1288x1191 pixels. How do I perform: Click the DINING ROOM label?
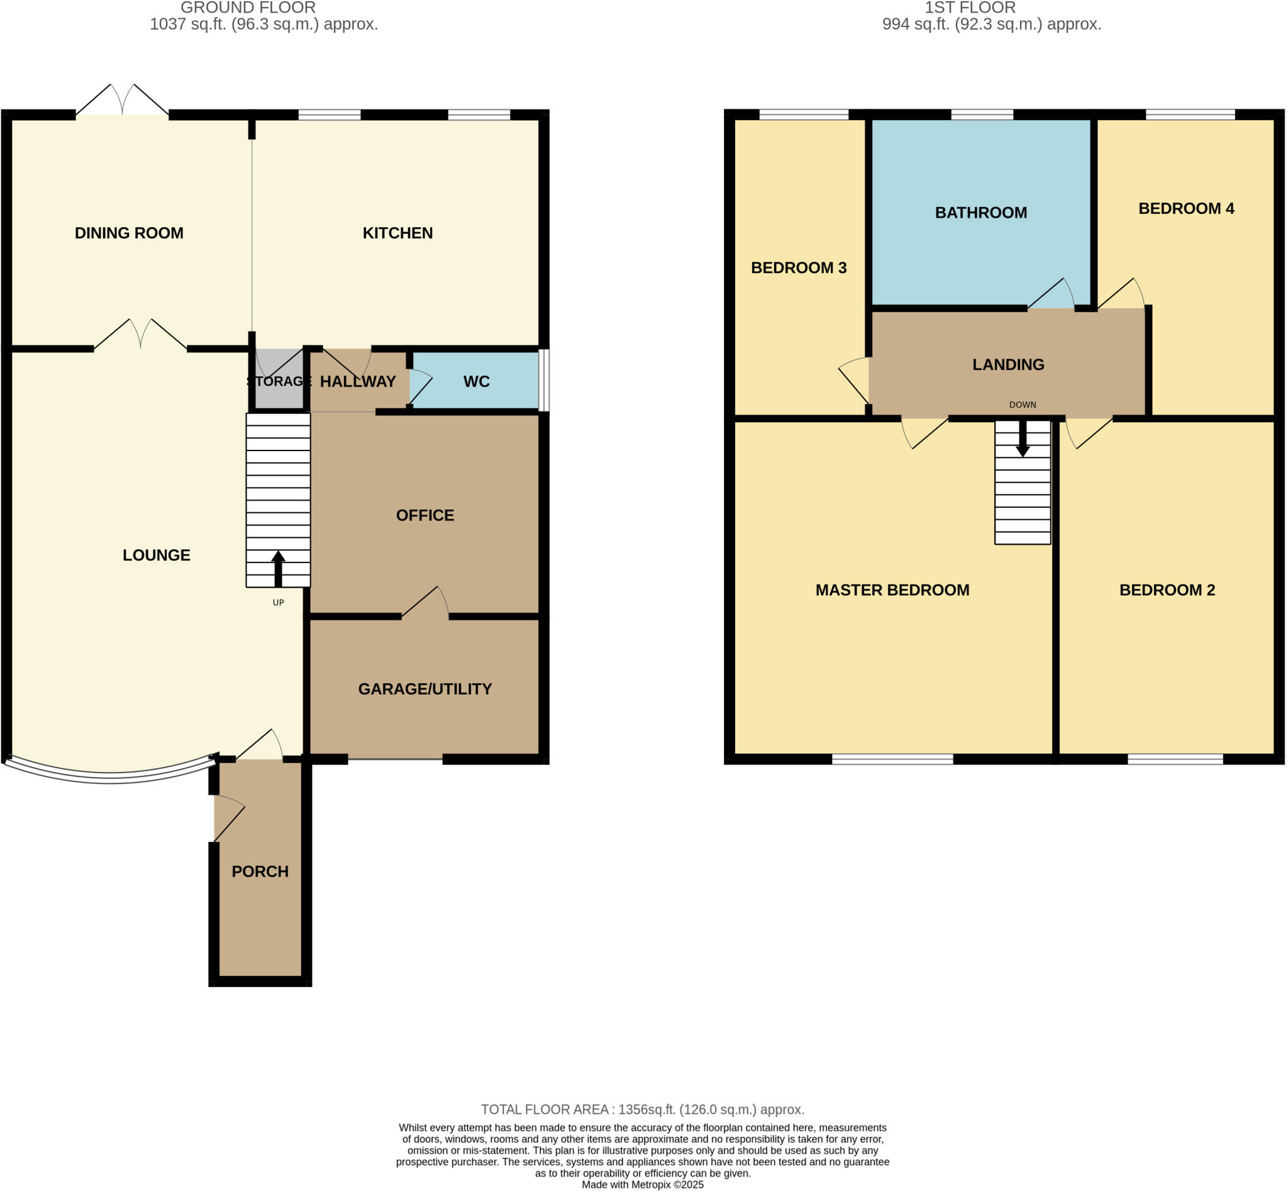click(x=129, y=233)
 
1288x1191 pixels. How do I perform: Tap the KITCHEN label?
click(x=397, y=233)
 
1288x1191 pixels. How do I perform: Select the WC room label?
click(x=476, y=381)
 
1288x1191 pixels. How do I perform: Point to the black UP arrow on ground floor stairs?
click(x=279, y=567)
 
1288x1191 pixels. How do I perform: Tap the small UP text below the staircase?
click(x=279, y=603)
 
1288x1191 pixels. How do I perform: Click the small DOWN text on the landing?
click(x=1023, y=405)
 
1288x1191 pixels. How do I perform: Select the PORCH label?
click(x=260, y=871)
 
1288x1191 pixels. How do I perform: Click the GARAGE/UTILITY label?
click(x=425, y=689)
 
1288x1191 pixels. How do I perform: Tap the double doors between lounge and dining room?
click(x=141, y=335)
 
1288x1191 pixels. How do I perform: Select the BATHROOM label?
click(x=980, y=213)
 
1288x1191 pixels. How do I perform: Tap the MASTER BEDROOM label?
click(x=892, y=590)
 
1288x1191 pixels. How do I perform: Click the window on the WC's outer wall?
click(x=544, y=380)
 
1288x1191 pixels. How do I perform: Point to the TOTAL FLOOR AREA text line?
click(x=642, y=1109)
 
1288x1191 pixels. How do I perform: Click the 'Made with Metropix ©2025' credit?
click(x=642, y=1185)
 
